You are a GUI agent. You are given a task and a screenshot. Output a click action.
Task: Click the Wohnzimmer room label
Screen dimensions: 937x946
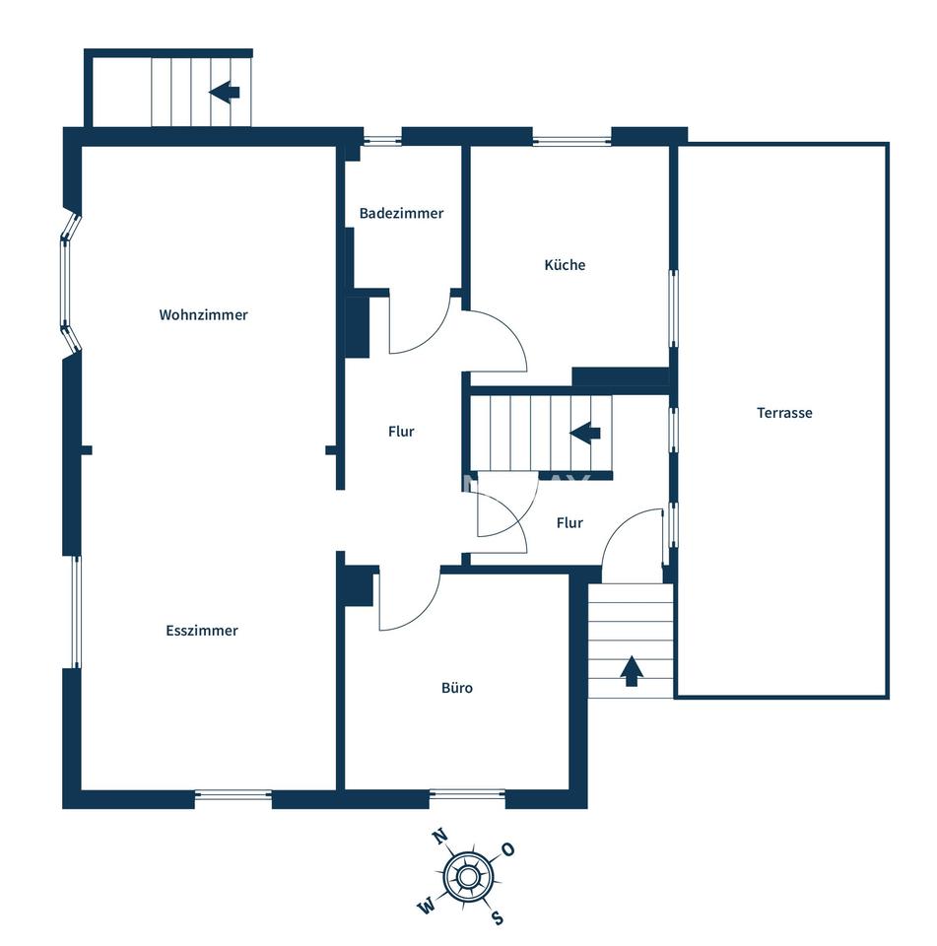pos(203,315)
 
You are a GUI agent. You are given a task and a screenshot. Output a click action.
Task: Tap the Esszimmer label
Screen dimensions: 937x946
pos(202,631)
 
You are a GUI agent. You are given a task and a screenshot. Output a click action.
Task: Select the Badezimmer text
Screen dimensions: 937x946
pos(401,213)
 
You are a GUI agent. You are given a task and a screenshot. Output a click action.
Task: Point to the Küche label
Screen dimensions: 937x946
pos(565,265)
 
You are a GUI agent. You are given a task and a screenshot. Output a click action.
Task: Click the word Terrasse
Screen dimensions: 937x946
pos(784,413)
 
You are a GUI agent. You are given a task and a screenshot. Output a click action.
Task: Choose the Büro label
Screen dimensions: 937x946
pos(457,688)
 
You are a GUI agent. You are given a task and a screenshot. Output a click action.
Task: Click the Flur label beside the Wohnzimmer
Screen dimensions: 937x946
pos(401,432)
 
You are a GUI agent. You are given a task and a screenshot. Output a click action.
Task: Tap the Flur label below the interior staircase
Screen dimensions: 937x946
pos(569,523)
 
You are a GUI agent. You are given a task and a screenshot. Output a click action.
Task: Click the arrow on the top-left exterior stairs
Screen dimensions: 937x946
pos(225,93)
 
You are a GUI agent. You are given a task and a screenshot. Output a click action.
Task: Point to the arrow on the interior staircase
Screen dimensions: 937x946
pos(585,433)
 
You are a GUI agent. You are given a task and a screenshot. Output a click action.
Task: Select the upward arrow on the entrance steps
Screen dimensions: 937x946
pos(632,671)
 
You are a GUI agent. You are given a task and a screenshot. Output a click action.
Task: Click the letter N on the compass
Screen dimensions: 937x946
pos(440,837)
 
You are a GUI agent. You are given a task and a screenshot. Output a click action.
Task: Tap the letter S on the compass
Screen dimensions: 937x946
pos(498,917)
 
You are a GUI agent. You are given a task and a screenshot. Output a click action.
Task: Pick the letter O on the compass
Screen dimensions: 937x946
pos(508,850)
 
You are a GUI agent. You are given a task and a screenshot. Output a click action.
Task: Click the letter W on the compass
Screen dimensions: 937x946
pos(426,906)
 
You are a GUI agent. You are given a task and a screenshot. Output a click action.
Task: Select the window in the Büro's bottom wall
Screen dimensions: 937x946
pos(467,794)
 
